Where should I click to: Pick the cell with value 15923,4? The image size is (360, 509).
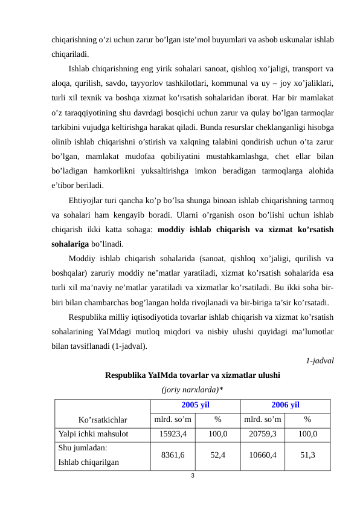point(173,434)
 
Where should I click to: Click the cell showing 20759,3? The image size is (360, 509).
point(262,434)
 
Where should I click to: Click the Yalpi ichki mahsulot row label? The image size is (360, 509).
point(94,434)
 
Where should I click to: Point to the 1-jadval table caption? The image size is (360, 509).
point(320,361)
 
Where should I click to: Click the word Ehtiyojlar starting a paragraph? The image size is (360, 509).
point(88,201)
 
